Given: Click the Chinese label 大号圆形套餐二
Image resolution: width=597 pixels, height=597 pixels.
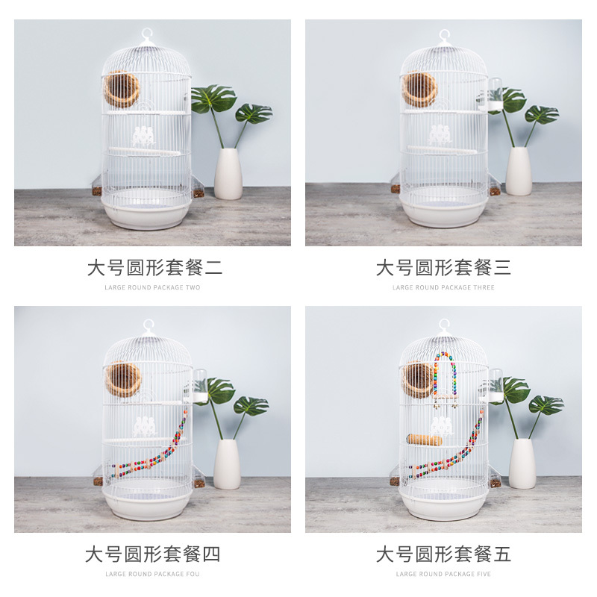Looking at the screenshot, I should coord(154,267).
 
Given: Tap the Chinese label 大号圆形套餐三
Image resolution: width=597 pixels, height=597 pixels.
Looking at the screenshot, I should coord(443,267).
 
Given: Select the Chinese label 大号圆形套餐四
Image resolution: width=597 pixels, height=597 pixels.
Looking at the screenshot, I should coord(152,554).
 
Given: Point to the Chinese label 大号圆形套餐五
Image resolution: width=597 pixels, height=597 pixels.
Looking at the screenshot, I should coord(443,554).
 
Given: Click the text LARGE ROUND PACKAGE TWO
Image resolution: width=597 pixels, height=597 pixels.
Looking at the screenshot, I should coord(152,287).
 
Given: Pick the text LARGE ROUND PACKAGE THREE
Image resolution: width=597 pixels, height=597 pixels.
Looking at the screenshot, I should coord(443,287).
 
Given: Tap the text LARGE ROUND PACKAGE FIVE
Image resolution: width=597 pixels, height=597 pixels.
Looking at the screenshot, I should coord(443,574).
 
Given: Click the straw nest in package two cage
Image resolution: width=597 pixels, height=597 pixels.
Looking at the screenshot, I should coord(122,90).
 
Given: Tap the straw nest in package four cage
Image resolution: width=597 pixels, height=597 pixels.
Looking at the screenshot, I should coord(123,379).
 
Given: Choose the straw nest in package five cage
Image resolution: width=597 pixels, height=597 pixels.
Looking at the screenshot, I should coord(419,379).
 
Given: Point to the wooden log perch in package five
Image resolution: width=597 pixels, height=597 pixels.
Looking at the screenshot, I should coord(424,440).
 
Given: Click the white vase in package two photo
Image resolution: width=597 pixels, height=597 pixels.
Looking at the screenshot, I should coord(228,174).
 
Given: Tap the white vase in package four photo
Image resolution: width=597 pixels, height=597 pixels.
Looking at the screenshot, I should coord(227,464).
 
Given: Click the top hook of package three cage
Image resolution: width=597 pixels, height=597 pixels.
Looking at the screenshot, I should coord(446,34).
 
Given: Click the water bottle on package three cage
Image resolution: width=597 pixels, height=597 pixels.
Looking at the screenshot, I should coord(495,95).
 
